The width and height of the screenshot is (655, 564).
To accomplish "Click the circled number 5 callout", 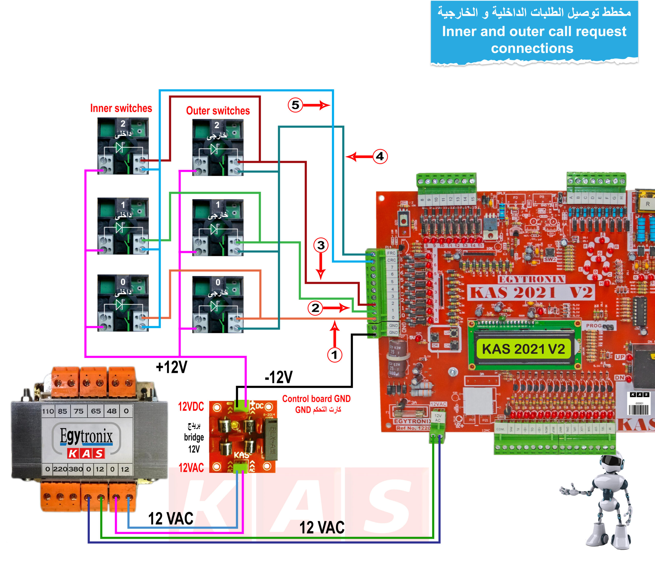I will [x=295, y=105].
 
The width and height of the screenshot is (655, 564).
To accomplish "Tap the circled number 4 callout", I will [x=380, y=156].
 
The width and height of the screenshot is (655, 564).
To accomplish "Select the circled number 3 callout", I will [x=321, y=245].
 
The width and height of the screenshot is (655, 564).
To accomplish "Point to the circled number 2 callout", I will [x=315, y=308].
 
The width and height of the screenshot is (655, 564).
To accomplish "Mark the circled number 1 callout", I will [x=334, y=355].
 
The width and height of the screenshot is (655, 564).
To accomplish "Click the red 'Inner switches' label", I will [x=121, y=108].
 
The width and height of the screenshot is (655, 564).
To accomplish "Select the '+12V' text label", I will [x=172, y=367].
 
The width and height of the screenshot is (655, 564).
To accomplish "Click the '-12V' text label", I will [x=278, y=377].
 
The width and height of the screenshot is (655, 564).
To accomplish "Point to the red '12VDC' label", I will [x=191, y=407].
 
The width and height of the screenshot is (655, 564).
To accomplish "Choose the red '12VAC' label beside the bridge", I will [x=191, y=467].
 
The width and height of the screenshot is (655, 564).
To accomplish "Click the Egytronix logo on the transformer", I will [x=86, y=437].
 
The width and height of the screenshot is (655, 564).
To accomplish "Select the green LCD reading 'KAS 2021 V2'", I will [x=523, y=349].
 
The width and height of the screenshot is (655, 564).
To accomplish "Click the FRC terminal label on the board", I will [x=391, y=253].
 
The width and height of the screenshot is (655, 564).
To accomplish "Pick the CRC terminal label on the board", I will [x=391, y=260].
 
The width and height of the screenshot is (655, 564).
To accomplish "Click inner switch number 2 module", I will [x=123, y=146].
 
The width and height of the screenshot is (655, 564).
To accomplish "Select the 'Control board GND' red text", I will [x=316, y=399].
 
